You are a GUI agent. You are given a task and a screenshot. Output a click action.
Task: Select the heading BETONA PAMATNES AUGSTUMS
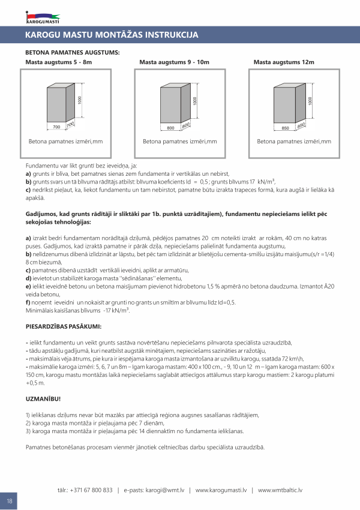click(x=73, y=53)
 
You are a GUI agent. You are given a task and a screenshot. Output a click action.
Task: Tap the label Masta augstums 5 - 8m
click(x=58, y=62)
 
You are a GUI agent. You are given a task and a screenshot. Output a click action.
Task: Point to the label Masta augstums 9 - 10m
click(x=174, y=62)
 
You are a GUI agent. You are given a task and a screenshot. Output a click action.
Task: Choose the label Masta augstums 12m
click(x=284, y=62)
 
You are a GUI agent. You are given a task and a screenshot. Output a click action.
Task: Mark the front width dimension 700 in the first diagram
click(x=56, y=128)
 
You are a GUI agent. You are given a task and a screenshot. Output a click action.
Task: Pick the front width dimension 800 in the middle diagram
click(x=170, y=128)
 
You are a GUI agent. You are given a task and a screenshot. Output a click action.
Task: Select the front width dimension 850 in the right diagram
click(x=284, y=128)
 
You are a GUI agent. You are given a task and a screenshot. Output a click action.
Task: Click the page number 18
click(x=10, y=501)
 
